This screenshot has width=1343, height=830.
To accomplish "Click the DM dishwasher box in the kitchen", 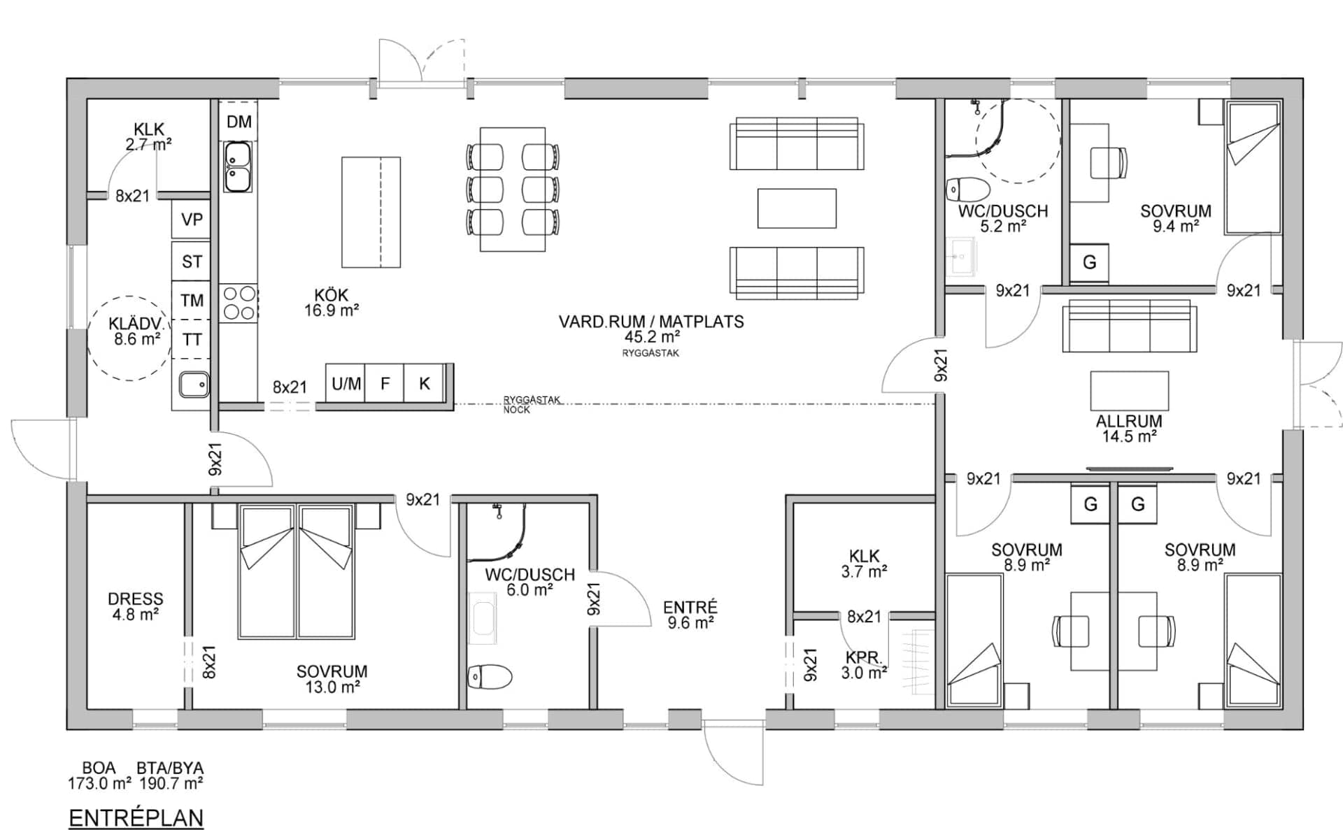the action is pyautogui.click(x=239, y=121).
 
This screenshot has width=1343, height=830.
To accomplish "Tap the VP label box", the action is pyautogui.click(x=192, y=220).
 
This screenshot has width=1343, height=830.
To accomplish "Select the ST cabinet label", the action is pyautogui.click(x=192, y=262).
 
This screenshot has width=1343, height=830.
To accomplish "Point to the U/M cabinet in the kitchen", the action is pyautogui.click(x=346, y=383).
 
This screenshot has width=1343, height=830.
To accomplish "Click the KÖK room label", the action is pyautogui.click(x=331, y=295).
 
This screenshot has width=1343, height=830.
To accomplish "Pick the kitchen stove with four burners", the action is pyautogui.click(x=239, y=303).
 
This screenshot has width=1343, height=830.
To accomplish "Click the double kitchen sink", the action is pyautogui.click(x=238, y=166).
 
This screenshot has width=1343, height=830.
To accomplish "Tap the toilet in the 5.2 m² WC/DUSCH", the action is pyautogui.click(x=967, y=189).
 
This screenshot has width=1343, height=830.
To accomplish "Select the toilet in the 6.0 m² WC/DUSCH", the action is pyautogui.click(x=490, y=676).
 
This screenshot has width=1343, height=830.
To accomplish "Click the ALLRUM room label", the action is pyautogui.click(x=1129, y=422).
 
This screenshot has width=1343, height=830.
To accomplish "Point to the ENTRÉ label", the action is pyautogui.click(x=690, y=607).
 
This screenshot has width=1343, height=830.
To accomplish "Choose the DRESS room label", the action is pyautogui.click(x=136, y=599).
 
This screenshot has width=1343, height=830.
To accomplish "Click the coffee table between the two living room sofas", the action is pyautogui.click(x=797, y=208).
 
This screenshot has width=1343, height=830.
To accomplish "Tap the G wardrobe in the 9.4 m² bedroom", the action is pyautogui.click(x=1089, y=263).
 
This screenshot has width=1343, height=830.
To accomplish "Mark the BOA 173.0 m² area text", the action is pyautogui.click(x=99, y=775).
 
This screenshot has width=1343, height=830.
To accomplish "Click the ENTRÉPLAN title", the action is pyautogui.click(x=136, y=817).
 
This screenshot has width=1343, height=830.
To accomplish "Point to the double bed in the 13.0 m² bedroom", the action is pyautogui.click(x=296, y=571).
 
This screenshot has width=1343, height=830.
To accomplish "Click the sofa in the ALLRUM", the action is pyautogui.click(x=1129, y=326).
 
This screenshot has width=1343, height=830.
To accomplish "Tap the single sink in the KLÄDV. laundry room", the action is pyautogui.click(x=194, y=384).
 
